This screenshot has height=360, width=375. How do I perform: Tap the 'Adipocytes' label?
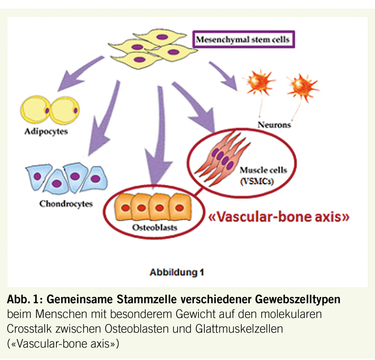pyautogui.click(x=46, y=131)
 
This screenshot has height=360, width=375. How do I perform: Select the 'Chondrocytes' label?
pyautogui.click(x=66, y=204)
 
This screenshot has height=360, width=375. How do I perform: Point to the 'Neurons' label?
pyautogui.click(x=274, y=125)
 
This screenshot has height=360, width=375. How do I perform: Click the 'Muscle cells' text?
pyautogui.click(x=263, y=170)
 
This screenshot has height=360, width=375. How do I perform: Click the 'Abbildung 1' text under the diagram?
pyautogui.click(x=177, y=272)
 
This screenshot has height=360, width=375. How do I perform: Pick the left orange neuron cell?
pyautogui.click(x=259, y=83)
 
